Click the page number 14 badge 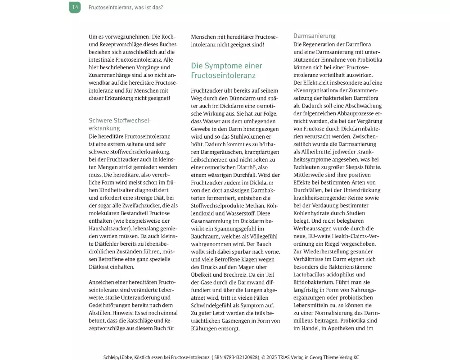point(75,7)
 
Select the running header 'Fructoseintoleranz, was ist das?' point(126,8)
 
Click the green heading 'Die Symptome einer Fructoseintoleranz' point(226,70)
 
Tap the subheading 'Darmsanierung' point(315,36)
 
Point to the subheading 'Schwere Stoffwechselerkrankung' point(120,124)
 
